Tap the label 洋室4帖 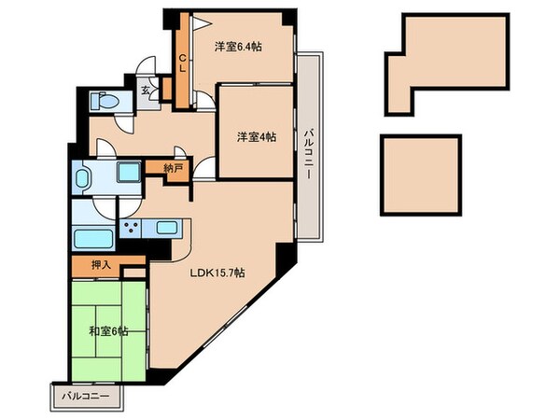256,136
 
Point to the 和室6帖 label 109,330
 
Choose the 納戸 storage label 173,169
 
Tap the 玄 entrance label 147,91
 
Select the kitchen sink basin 168,227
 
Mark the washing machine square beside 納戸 127,173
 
